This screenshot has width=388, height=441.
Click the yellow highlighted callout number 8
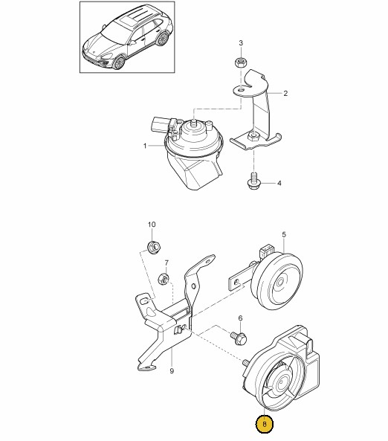click(x=265, y=424)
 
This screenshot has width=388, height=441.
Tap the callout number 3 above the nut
click(x=241, y=43)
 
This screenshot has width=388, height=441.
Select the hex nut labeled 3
click(x=240, y=62)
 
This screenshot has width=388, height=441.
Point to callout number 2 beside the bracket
click(x=285, y=94)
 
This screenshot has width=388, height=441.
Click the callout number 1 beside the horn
click(x=145, y=146)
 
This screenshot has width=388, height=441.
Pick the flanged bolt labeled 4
click(x=253, y=181)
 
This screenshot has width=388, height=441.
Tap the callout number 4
click(x=279, y=184)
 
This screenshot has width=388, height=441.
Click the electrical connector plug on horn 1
click(x=161, y=124)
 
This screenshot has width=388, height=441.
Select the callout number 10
click(x=152, y=225)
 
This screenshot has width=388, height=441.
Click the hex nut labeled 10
click(x=154, y=246)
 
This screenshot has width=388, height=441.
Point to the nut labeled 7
click(x=164, y=278)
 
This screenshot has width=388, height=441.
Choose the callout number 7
click(x=166, y=263)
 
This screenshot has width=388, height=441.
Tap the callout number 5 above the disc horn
click(x=284, y=234)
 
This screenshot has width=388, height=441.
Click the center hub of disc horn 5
click(x=280, y=283)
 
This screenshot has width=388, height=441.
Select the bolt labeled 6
click(x=239, y=338)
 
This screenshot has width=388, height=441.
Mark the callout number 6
click(x=240, y=318)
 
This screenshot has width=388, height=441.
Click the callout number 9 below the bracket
click(x=172, y=371)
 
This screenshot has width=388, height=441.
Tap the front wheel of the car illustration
click(x=119, y=62)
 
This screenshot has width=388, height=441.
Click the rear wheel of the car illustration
click(x=162, y=39)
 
